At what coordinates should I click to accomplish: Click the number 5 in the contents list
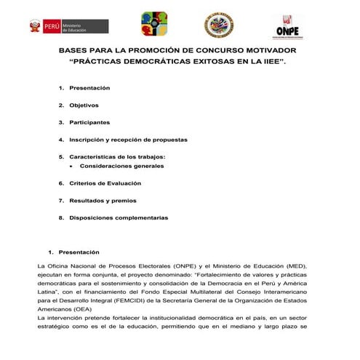(60, 156)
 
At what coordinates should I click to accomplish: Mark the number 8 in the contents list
(60, 217)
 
